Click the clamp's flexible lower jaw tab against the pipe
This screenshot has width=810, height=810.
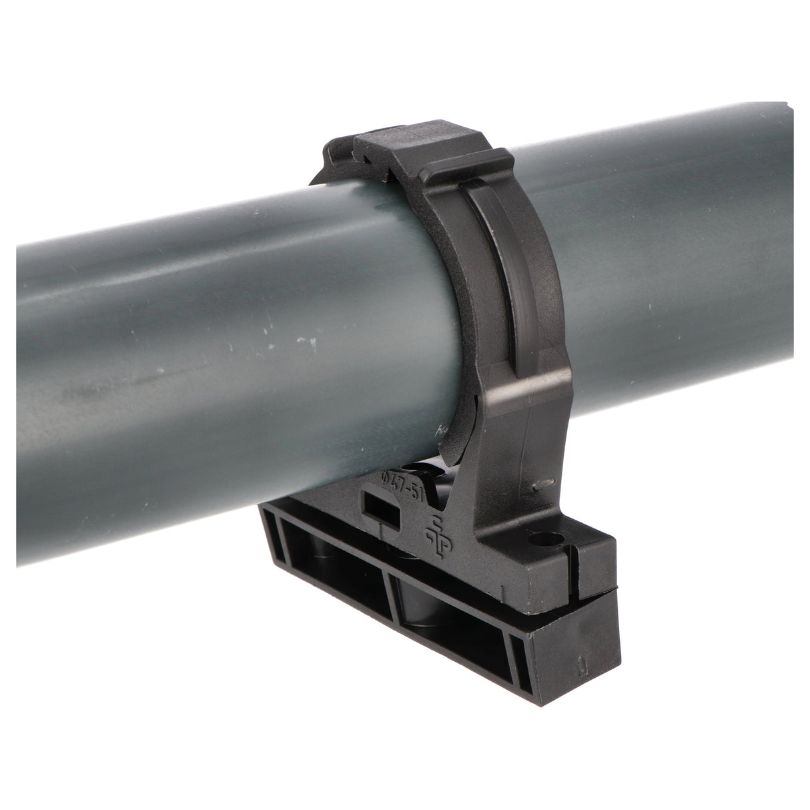click(454, 434)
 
